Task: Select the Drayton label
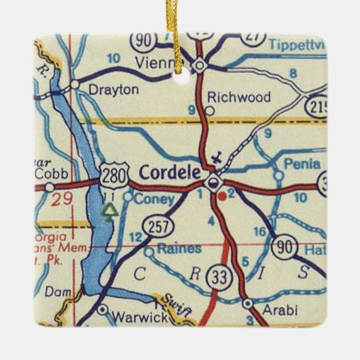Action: pyautogui.click(x=109, y=88)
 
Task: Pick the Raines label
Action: pyautogui.click(x=178, y=249)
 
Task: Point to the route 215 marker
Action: pyautogui.click(x=316, y=107)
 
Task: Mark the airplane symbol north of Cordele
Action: pyautogui.click(x=217, y=159)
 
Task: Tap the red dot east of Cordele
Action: pyautogui.click(x=223, y=196)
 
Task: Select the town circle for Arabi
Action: pyautogui.click(x=248, y=303)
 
